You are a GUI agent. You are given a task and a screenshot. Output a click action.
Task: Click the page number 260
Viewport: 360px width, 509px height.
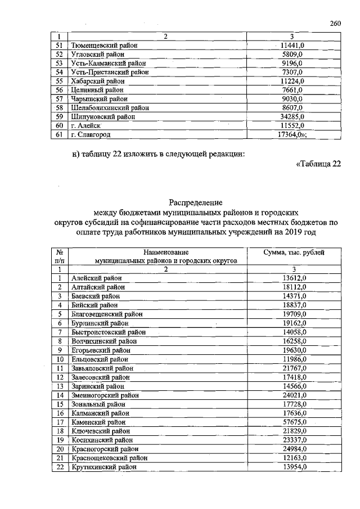[336, 23]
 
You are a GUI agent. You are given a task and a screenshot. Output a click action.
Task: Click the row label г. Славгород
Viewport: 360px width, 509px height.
[90, 135]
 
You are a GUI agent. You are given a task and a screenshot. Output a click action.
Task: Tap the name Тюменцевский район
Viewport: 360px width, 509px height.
[104, 45]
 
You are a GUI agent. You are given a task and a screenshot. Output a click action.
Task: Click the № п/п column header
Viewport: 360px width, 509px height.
[58, 256]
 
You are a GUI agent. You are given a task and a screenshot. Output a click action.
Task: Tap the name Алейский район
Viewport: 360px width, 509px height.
[97, 278]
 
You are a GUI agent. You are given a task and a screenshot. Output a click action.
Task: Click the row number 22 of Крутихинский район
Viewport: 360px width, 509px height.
[58, 467]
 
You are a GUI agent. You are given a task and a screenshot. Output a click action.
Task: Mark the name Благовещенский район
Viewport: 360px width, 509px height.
[107, 314]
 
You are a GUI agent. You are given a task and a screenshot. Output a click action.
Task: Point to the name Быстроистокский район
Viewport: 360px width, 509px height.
[108, 332]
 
